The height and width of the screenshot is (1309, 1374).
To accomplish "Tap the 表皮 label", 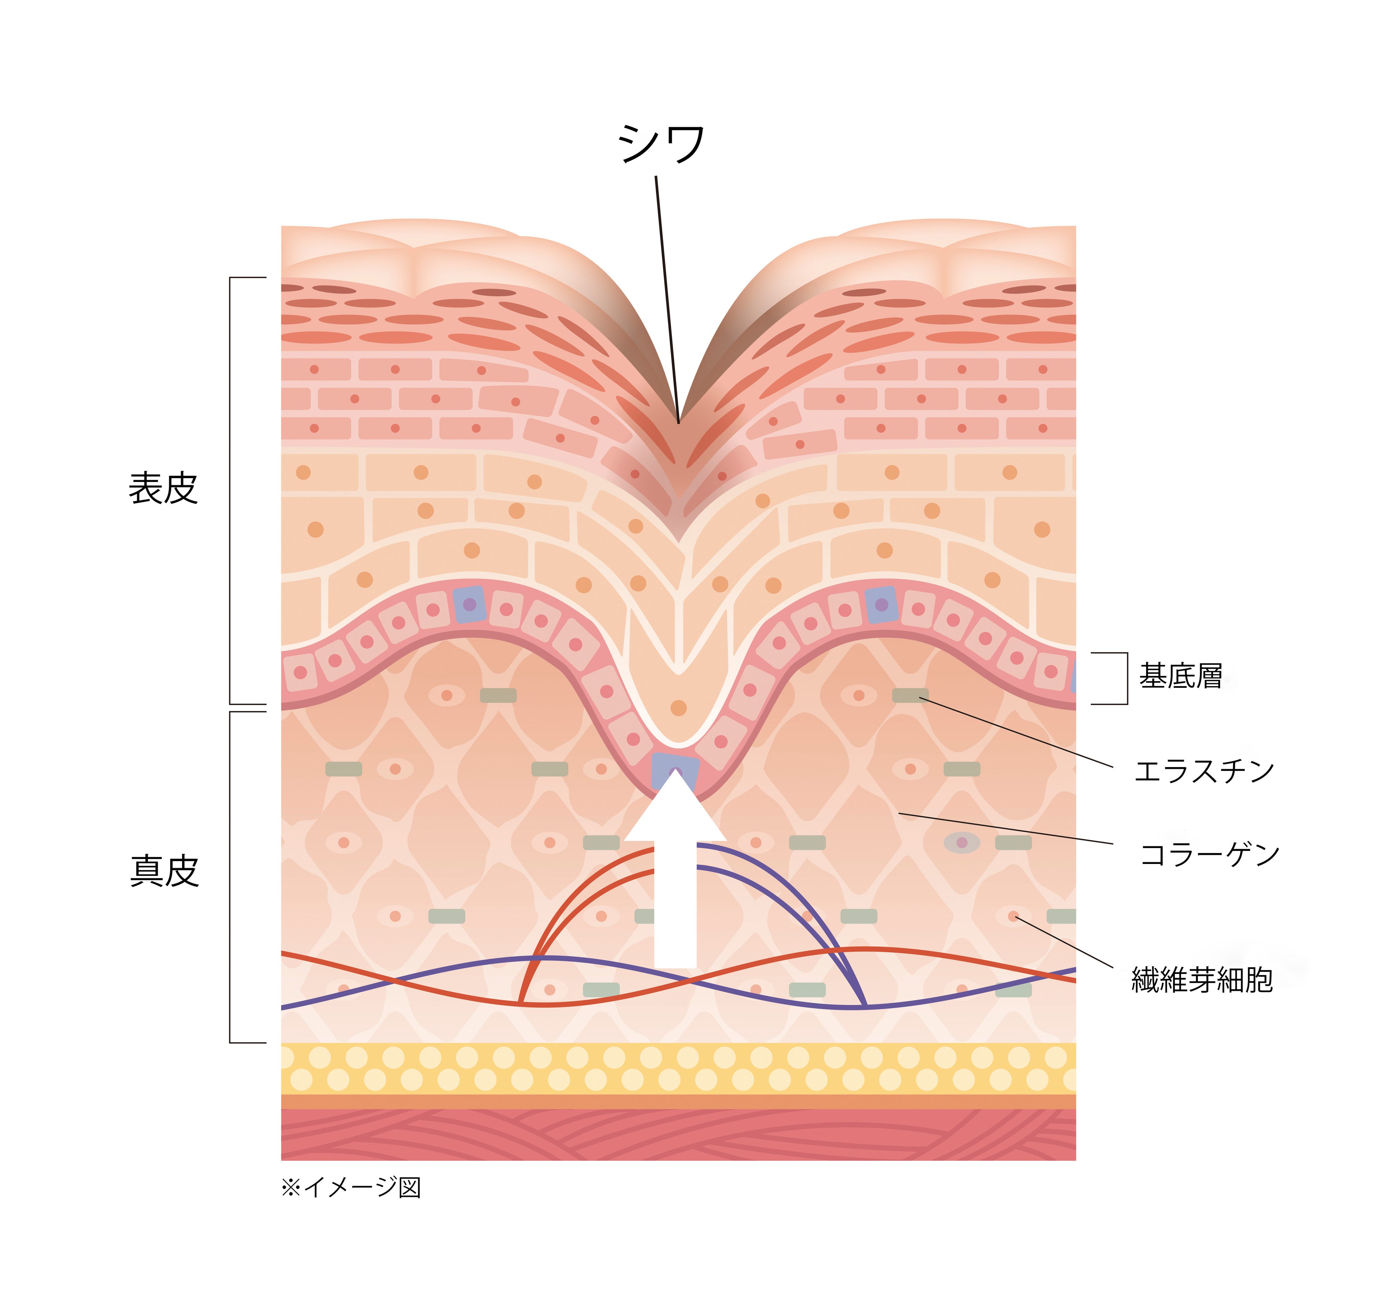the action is (x=163, y=488).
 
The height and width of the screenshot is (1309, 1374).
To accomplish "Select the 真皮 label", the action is (x=165, y=871).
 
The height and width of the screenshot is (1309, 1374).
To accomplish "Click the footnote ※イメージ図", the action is (x=351, y=1187).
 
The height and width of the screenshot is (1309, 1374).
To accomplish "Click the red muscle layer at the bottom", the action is (x=678, y=1135).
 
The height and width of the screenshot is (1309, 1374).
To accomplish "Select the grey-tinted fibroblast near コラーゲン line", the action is (x=961, y=842).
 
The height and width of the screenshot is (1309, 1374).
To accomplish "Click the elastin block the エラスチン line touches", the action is (x=910, y=695).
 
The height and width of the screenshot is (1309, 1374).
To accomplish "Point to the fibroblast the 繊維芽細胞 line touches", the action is (x=1013, y=916).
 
